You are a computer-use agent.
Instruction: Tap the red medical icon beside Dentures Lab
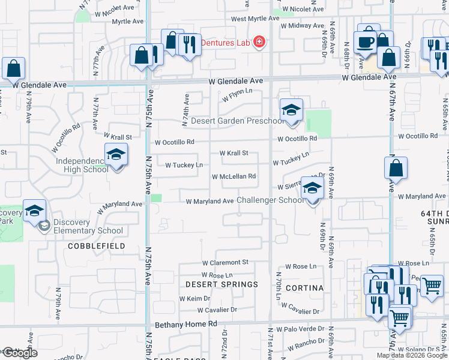(x=259, y=43)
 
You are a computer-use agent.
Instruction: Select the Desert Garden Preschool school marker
(x=291, y=110)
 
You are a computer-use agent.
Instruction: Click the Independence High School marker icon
(x=116, y=155)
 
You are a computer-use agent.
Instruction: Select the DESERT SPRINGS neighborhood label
(x=221, y=284)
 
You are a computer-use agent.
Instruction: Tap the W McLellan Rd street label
(x=234, y=176)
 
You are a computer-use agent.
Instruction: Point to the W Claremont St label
(x=225, y=262)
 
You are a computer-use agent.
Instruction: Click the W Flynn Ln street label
(x=237, y=94)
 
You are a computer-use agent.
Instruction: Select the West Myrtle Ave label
(x=255, y=19)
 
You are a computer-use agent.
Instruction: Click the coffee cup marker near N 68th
(x=366, y=42)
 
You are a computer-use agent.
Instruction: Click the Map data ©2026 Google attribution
(x=412, y=355)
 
